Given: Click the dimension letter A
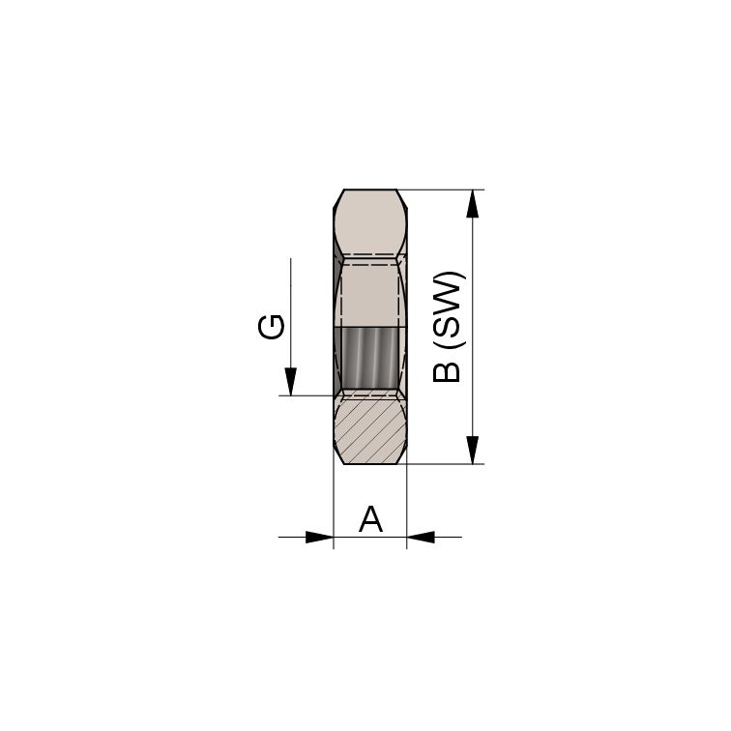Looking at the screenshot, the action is coord(370,519).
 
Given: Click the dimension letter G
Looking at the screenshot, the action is coord(271,327).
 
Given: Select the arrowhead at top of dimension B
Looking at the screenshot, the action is coord(473,204).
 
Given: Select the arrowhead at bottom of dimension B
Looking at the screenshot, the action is coord(473,450).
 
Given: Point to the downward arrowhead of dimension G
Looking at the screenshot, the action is coord(291,382).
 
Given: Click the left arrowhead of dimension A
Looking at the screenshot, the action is coord(319,537).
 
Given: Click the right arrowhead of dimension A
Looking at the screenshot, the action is coord(421,537).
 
